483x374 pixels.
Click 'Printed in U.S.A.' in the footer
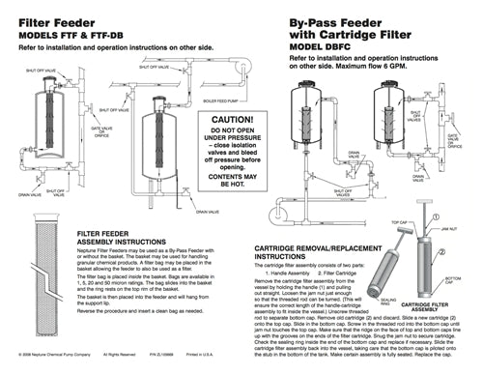[x=199, y=367]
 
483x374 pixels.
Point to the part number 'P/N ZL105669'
[x=153, y=367]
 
